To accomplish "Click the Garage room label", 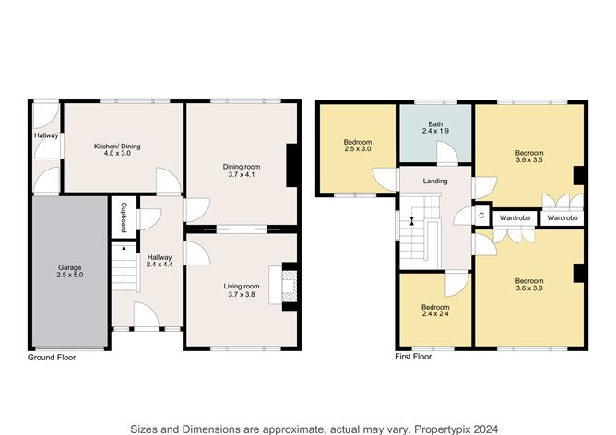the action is coord(70,268).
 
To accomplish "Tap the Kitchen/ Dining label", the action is coord(117,146).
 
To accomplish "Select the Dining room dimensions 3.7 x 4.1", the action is coord(242,174).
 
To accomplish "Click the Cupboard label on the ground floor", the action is coord(124,217).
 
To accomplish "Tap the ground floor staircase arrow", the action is coord(124,247).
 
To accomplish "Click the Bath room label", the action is coord(435,124).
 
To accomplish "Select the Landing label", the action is coord(435,181).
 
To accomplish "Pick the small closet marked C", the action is coord(481,216).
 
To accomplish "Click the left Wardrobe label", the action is coord(515,217).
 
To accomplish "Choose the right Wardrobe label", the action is coord(563,217).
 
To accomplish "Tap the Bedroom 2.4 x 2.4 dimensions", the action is coord(435,313).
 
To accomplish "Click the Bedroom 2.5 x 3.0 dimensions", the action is coord(358,148).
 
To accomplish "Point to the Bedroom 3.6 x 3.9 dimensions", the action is coord(529,288).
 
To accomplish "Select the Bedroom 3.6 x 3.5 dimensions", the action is coord(529,159).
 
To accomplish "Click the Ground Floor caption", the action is coord(52,358).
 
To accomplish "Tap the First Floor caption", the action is coord(413,357).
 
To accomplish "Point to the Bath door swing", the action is coord(447,152).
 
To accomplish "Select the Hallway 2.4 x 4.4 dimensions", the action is coord(160,265).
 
